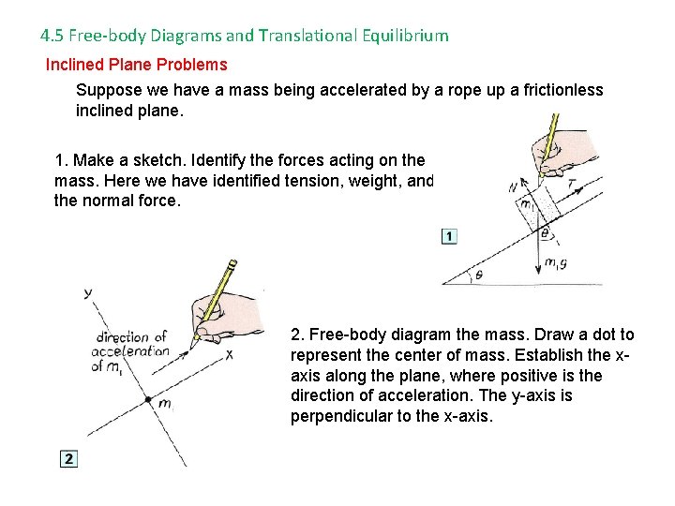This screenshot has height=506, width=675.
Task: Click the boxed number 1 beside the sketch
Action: coord(449,236)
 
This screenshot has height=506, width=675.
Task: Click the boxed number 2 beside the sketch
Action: coord(68,459)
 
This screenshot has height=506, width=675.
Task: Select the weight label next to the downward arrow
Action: coord(556,263)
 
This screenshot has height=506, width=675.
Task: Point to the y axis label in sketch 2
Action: coord(88,291)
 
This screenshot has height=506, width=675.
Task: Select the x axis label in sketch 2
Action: coord(229,354)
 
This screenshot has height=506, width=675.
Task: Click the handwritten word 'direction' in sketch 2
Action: coord(122,337)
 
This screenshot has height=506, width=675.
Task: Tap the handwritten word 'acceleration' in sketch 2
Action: coord(131,352)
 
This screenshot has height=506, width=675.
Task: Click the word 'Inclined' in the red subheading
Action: coord(76,65)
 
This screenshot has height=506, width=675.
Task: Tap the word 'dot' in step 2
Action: coord(605,335)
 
